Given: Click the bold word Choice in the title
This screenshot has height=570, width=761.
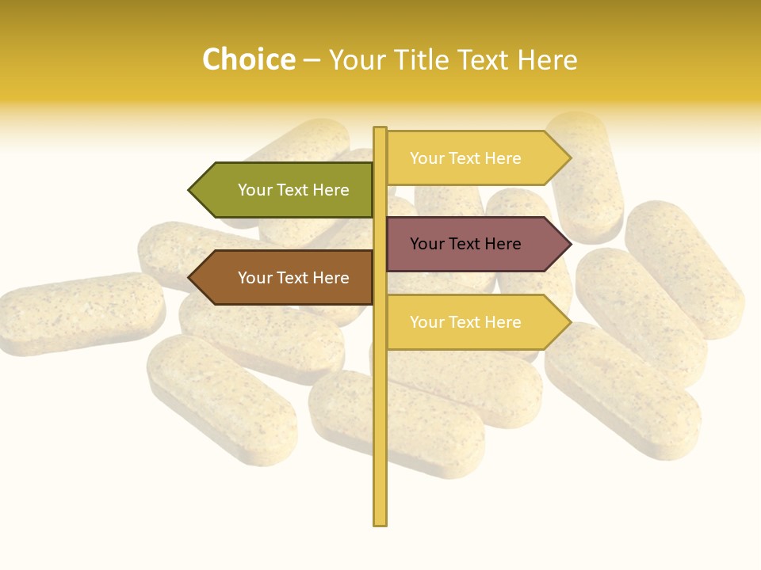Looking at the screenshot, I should (x=248, y=59).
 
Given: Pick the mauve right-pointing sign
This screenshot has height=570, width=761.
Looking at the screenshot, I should (x=472, y=244).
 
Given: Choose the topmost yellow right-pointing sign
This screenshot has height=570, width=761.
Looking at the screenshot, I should (x=472, y=158).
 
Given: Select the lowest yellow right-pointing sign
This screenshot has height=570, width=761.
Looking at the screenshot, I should (x=472, y=322).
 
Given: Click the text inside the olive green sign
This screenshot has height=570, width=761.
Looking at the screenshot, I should (x=293, y=190).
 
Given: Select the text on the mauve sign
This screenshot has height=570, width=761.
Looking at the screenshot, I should (x=465, y=244).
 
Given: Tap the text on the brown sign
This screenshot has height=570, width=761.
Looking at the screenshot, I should (x=293, y=278).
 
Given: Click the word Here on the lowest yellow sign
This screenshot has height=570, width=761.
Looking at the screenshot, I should (x=502, y=322).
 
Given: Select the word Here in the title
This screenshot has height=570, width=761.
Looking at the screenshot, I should (x=547, y=59).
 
